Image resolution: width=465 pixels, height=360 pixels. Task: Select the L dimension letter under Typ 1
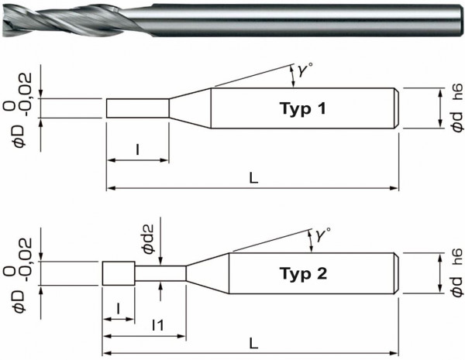pos(253,177)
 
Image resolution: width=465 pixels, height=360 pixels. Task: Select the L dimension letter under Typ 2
pos(253,342)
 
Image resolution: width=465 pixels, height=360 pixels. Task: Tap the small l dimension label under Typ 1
pos(137,149)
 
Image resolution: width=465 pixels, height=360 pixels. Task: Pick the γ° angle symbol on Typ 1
pos(298,71)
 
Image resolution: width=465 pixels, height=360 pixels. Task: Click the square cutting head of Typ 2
pos(119,273)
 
